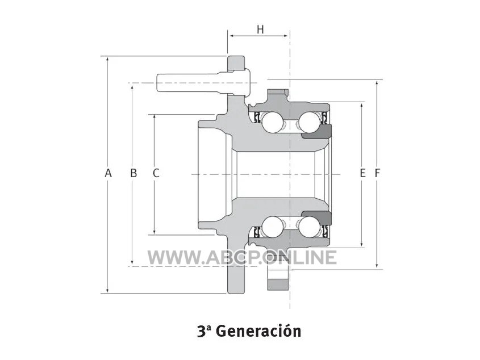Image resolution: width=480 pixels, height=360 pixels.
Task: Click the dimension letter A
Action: click(x=108, y=173)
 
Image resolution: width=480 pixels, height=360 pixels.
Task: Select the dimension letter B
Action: click(x=133, y=173)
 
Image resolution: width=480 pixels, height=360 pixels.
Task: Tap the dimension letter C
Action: click(x=156, y=173)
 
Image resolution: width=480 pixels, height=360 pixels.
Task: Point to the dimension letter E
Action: click(x=363, y=173)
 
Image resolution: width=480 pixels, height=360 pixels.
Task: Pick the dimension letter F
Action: click(x=377, y=173)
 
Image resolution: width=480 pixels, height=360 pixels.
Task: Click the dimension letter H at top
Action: click(x=260, y=30)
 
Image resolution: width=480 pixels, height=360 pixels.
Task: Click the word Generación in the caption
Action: click(x=260, y=331)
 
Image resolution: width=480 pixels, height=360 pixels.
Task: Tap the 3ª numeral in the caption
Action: click(x=204, y=331)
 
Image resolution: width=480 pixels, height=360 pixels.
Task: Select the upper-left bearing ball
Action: click(x=272, y=122)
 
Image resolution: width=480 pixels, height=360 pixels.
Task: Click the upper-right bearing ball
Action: click(x=310, y=122)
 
